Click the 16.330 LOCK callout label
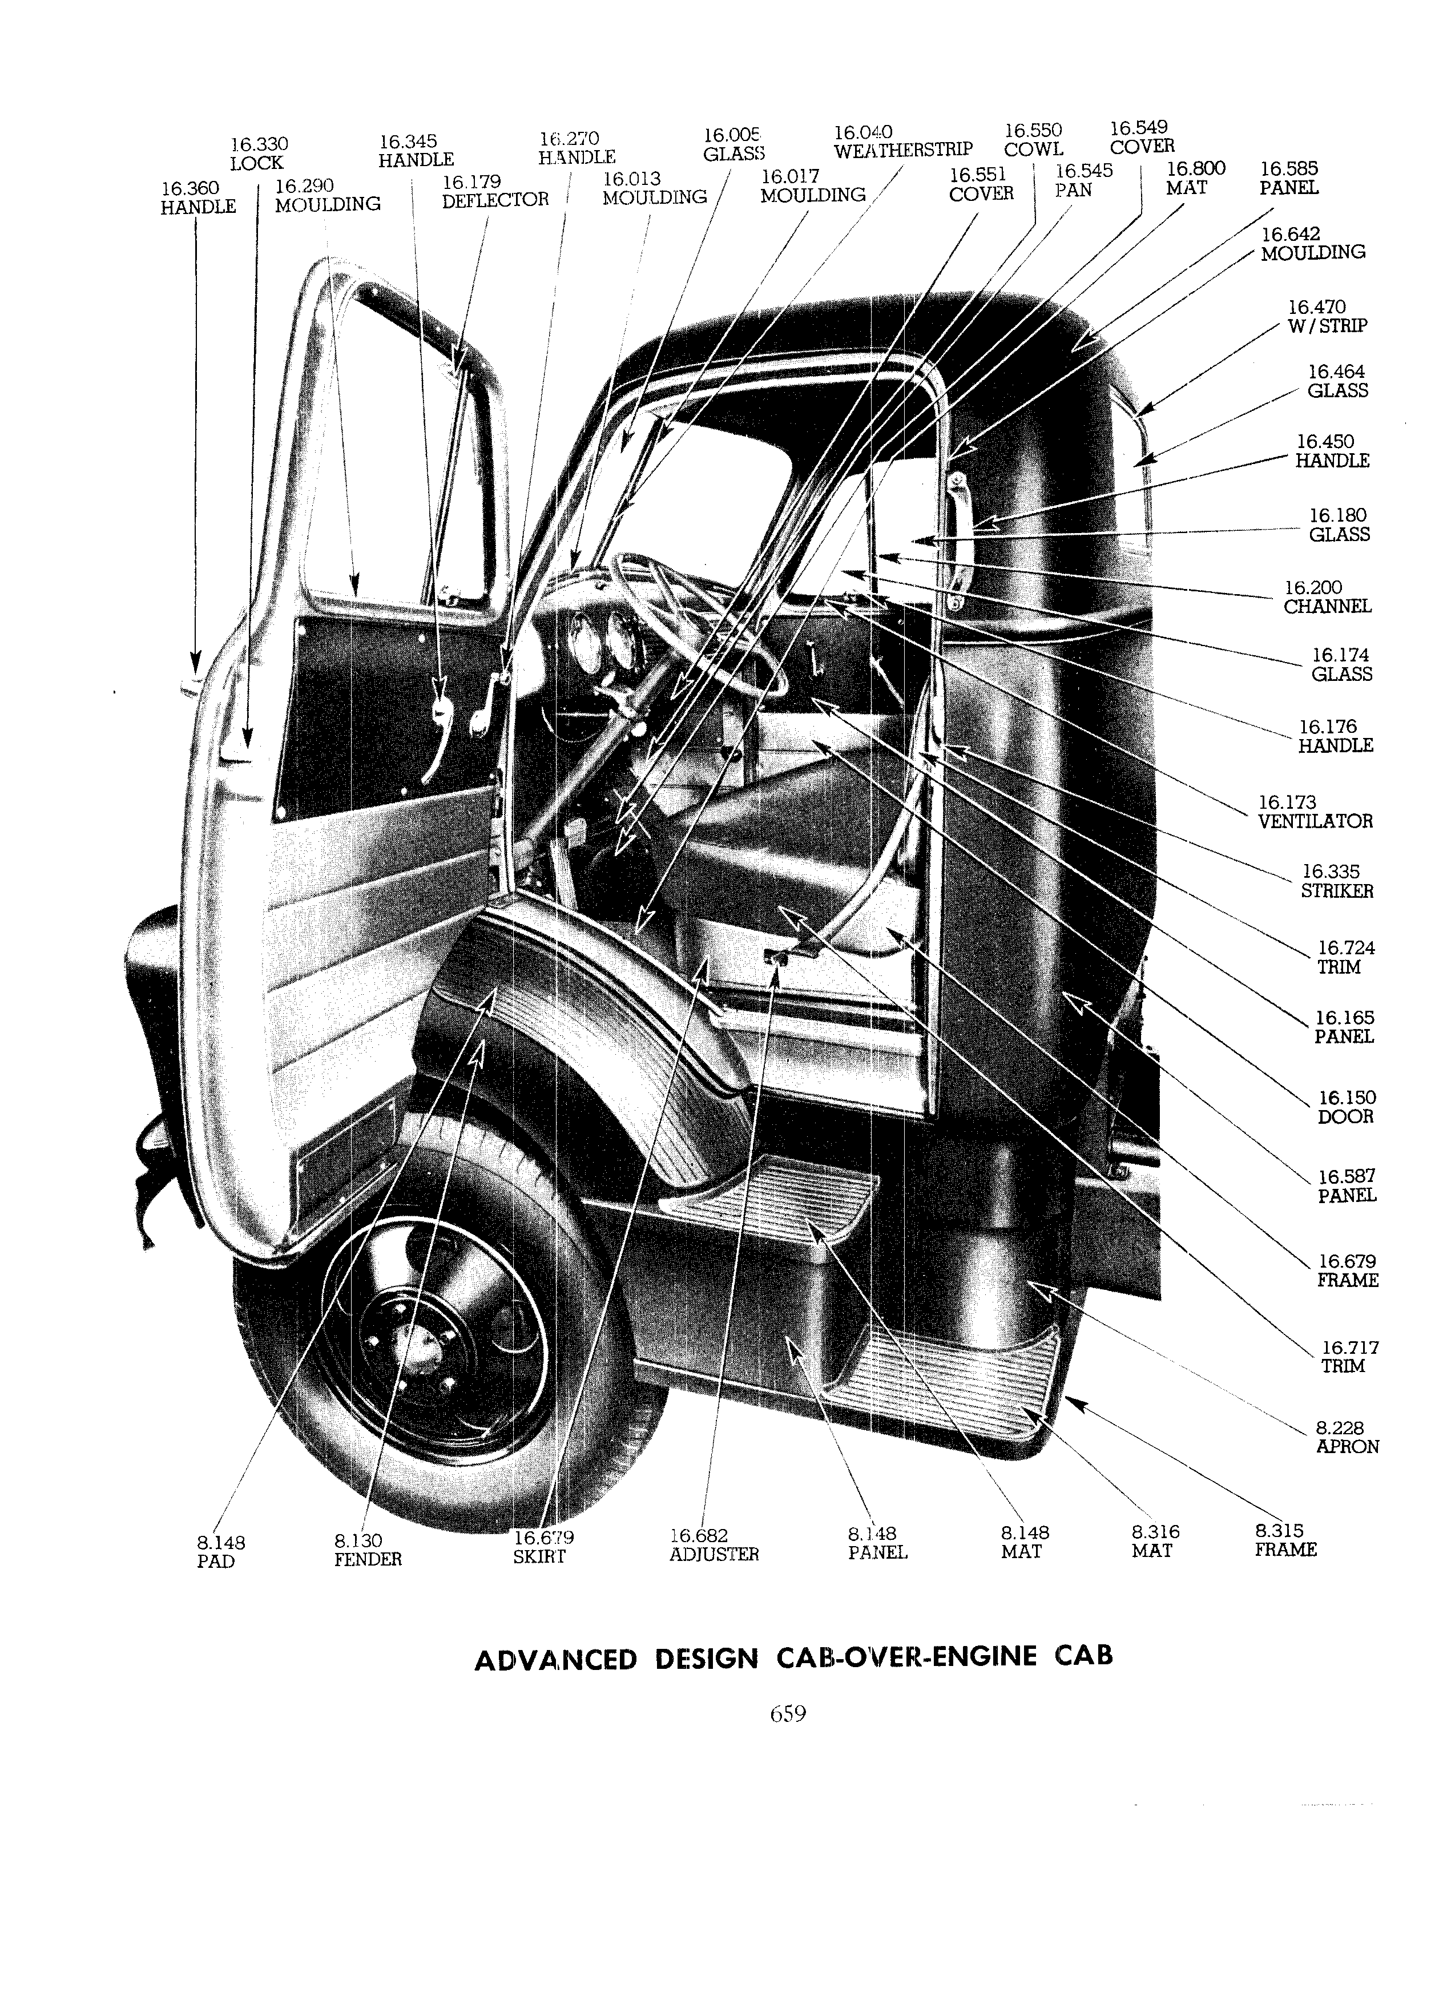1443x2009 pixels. coord(258,154)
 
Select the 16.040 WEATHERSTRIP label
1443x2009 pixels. coord(902,141)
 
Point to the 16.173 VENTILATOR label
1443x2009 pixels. coord(1315,812)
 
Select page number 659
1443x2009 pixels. coord(788,1713)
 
